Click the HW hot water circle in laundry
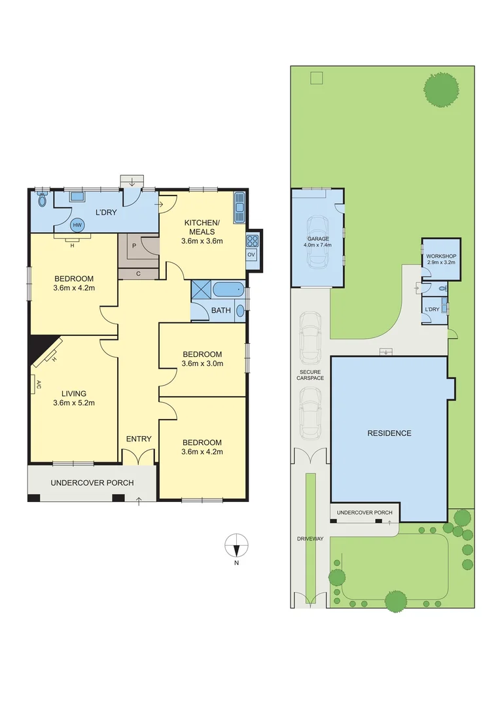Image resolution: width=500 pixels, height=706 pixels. click(77, 225)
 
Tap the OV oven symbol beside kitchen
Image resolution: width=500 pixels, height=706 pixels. click(251, 255)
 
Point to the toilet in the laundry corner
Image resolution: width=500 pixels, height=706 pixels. click(43, 199)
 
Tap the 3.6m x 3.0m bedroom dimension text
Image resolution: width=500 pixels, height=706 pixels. click(202, 363)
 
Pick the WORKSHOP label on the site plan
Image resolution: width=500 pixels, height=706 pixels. click(440, 256)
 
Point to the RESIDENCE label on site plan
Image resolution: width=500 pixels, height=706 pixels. click(389, 433)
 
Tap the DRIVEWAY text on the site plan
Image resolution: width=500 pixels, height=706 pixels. click(310, 539)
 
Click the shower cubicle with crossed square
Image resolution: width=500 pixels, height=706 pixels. click(201, 289)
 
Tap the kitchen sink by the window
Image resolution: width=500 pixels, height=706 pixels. click(239, 207)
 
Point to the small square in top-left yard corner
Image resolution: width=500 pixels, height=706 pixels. click(316, 78)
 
